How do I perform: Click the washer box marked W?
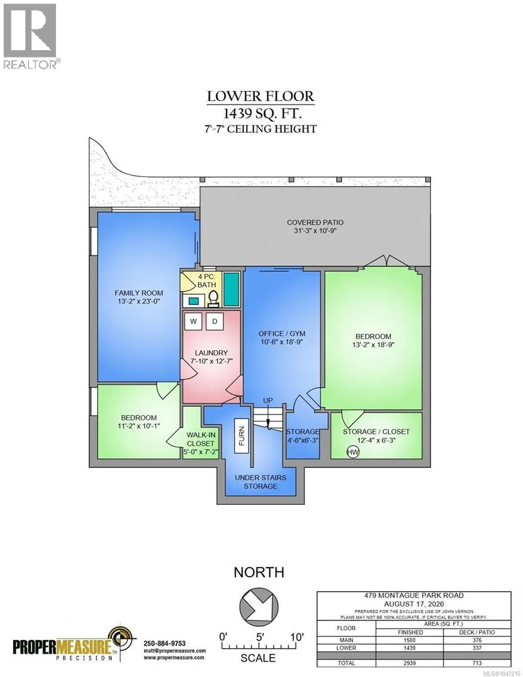[194, 322]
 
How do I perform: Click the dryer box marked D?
[214, 322]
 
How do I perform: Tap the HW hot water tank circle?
[353, 452]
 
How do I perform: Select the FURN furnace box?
[241, 436]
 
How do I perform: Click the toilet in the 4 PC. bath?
[213, 297]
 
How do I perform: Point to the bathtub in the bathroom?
[231, 289]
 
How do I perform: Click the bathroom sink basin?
[194, 301]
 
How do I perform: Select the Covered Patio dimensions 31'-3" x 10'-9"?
[315, 231]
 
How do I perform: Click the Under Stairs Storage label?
[261, 482]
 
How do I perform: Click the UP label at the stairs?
[268, 401]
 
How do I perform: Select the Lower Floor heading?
[261, 96]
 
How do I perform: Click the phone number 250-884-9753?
[164, 643]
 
